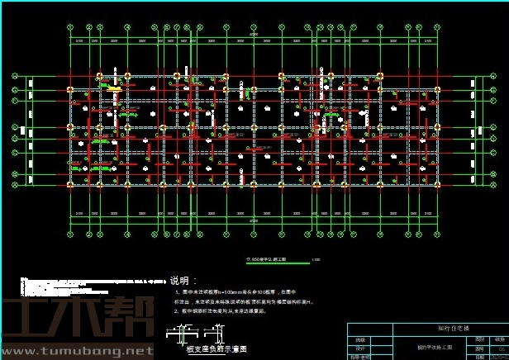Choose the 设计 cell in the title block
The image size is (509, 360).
click(360, 348)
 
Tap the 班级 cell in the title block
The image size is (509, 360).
click(360, 339)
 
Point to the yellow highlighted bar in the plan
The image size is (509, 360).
click(113, 89)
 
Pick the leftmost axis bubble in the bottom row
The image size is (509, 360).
click(69, 230)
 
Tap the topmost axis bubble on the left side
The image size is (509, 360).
click(15, 76)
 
